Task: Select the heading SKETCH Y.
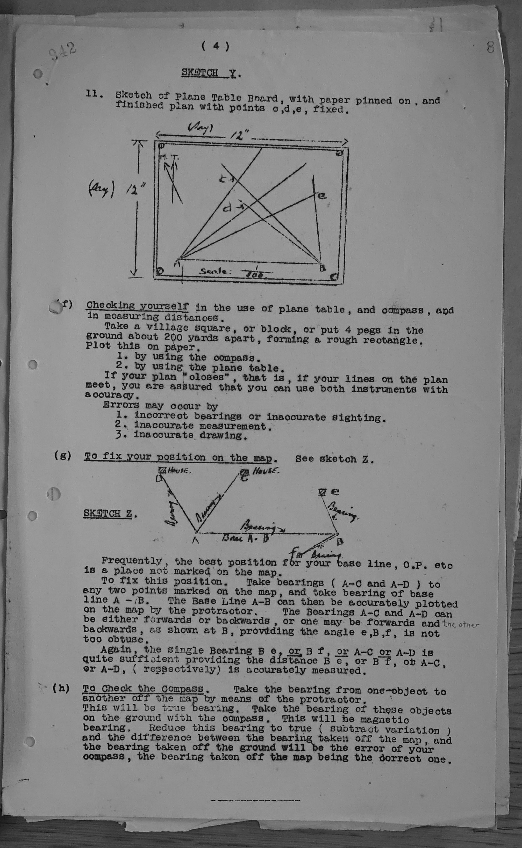pyautogui.click(x=211, y=73)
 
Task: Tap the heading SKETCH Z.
pyautogui.click(x=110, y=514)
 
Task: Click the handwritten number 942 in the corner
pyautogui.click(x=62, y=52)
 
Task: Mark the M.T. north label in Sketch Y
pyautogui.click(x=169, y=158)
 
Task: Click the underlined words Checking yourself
pyautogui.click(x=137, y=306)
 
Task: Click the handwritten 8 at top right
pyautogui.click(x=490, y=47)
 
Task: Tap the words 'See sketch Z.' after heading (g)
pyautogui.click(x=334, y=459)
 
